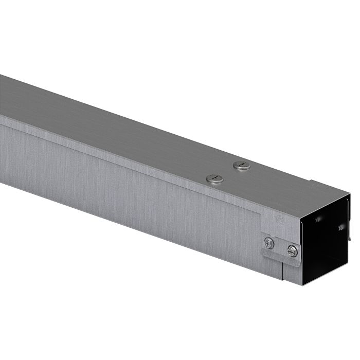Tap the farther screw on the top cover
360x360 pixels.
(x=242, y=166)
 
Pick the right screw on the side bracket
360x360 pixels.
(x=292, y=251)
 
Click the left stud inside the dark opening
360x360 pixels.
(x=319, y=219)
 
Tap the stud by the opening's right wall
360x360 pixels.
(x=341, y=226)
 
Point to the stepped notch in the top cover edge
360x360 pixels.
(x=311, y=181)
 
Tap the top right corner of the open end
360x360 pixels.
(x=350, y=195)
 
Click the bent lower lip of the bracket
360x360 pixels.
(x=280, y=260)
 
